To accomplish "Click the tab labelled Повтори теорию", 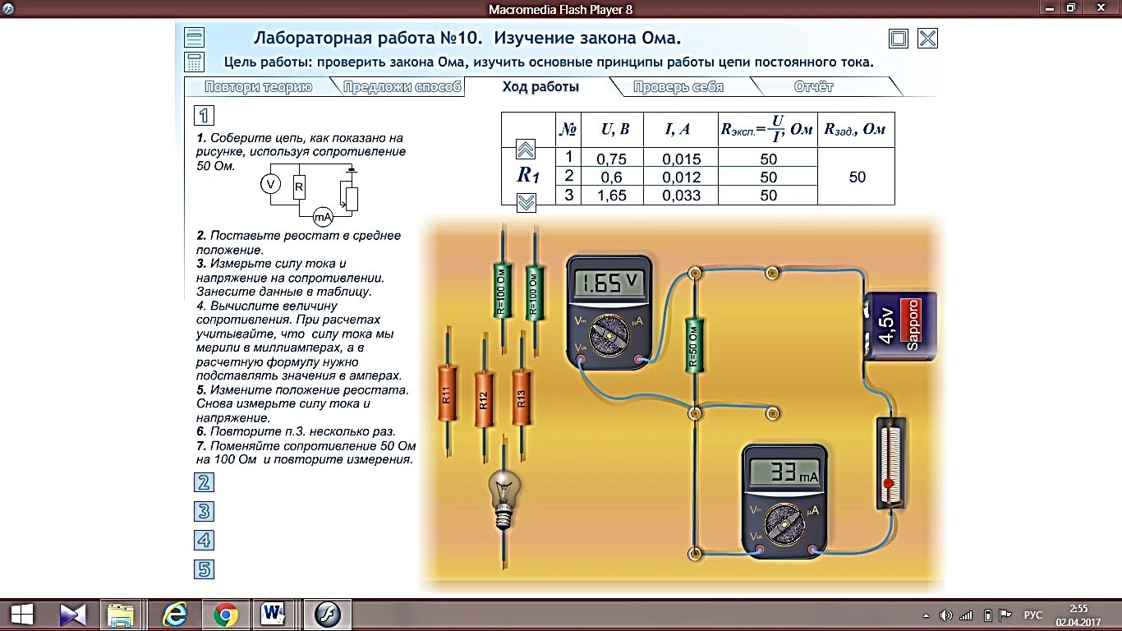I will [x=258, y=87].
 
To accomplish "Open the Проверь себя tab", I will [x=678, y=87].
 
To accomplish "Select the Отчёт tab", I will [x=813, y=87].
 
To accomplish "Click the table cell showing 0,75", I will [x=611, y=159].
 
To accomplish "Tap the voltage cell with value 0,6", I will [x=611, y=177].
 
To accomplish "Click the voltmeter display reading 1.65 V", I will [x=609, y=283].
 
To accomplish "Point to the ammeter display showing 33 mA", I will [x=784, y=472].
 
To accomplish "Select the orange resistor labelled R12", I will [x=484, y=399].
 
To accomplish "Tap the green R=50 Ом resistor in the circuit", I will [x=694, y=345].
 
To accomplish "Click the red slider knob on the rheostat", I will [x=888, y=484].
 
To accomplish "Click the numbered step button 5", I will [x=204, y=569].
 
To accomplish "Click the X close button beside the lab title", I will [x=927, y=39].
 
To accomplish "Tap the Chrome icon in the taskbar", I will [x=226, y=614].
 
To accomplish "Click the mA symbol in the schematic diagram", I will [x=323, y=217].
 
